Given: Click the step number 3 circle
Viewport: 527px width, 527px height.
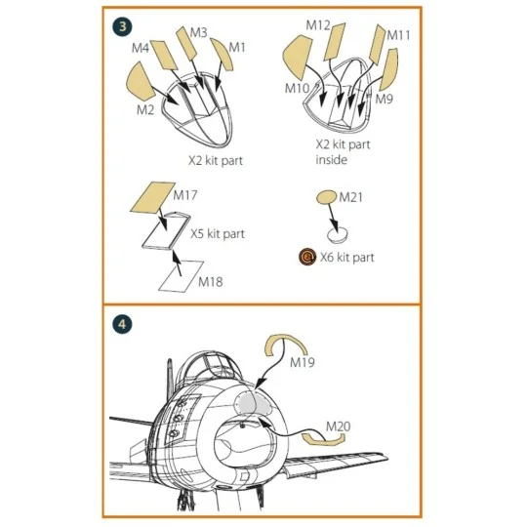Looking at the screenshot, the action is click(x=122, y=26).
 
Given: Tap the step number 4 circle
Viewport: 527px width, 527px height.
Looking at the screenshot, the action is click(x=122, y=324).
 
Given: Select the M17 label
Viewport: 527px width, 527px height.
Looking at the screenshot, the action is click(x=185, y=195).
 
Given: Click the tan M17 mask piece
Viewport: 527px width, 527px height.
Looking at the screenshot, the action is click(x=153, y=197).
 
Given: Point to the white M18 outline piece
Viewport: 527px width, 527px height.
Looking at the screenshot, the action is click(x=181, y=276).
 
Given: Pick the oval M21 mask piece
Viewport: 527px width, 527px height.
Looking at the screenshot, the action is click(x=326, y=197).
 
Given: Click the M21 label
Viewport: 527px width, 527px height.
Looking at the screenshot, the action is click(x=351, y=197).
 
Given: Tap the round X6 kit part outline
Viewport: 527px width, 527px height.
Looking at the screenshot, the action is click(x=337, y=234).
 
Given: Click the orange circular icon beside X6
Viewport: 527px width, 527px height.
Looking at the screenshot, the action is click(x=307, y=257).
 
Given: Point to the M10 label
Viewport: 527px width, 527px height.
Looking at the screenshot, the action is click(x=297, y=89).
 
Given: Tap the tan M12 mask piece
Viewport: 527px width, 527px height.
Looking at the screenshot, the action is click(x=335, y=41).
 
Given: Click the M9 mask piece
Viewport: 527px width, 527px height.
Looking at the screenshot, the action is click(x=389, y=69).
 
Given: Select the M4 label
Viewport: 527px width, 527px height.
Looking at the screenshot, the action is click(x=141, y=48).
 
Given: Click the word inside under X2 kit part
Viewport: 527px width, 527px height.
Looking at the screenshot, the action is click(x=331, y=159).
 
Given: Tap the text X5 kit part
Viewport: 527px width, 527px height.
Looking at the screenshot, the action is click(x=218, y=233).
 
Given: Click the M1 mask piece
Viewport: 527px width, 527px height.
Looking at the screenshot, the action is click(x=223, y=54).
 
